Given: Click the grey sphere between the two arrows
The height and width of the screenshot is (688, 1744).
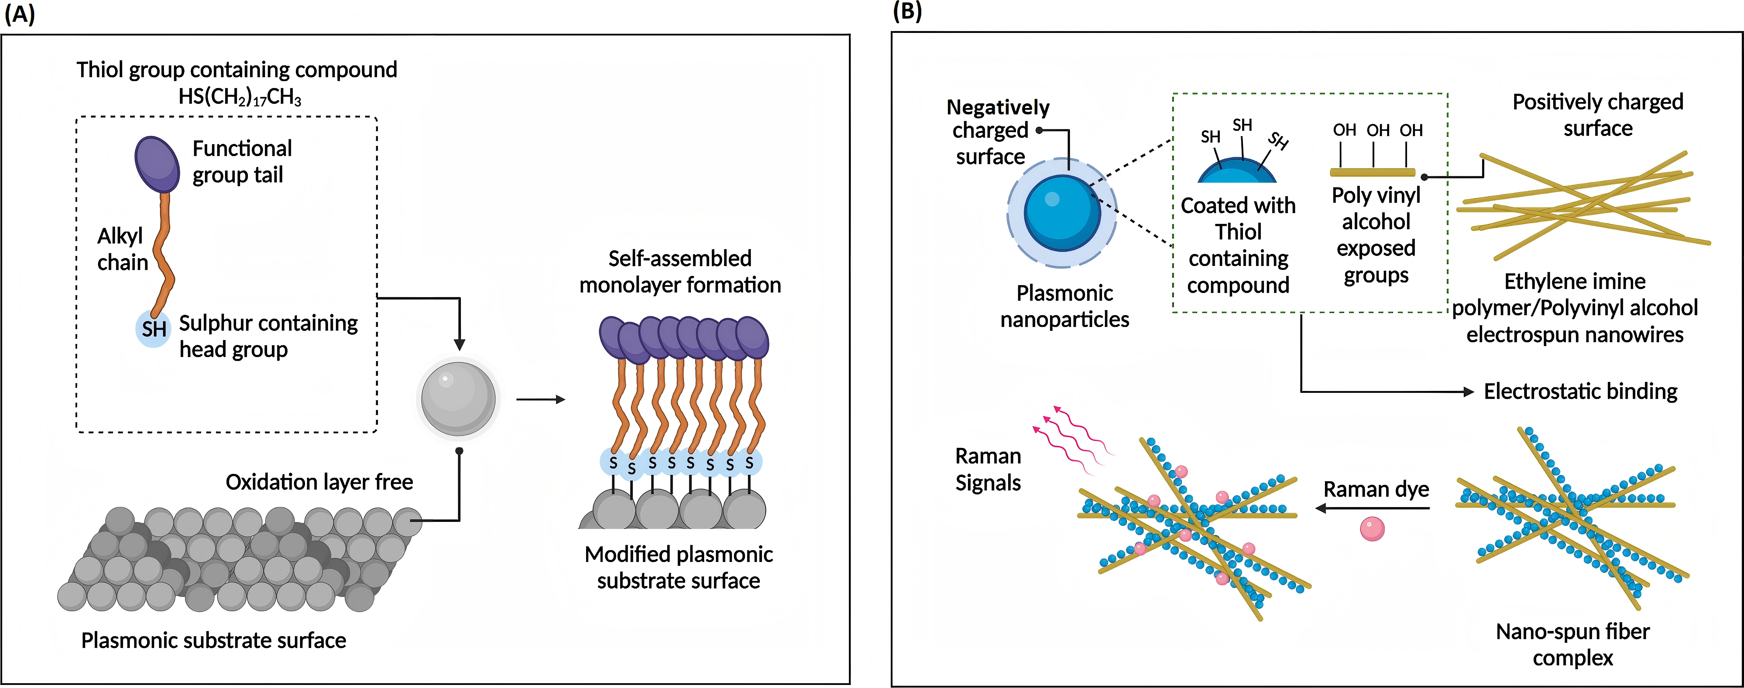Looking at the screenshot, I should click(458, 398).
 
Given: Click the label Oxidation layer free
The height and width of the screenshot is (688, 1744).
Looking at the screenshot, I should click(319, 482).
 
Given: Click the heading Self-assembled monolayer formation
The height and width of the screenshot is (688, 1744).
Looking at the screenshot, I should click(680, 271).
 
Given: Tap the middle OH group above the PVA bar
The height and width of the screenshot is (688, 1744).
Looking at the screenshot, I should click(1378, 130).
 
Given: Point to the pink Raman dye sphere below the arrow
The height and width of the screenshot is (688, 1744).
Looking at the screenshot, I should click(1372, 528).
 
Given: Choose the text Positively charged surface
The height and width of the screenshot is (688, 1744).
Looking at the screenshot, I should click(1598, 115).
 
